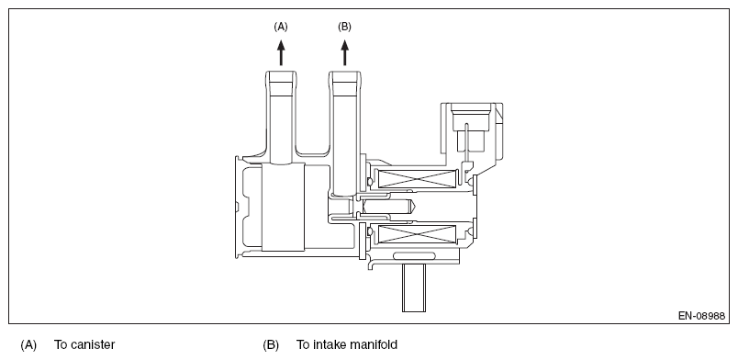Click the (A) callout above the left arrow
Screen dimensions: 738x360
[x=281, y=27]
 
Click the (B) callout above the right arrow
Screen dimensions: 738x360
[x=344, y=27]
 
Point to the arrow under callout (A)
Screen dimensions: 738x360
[x=281, y=52]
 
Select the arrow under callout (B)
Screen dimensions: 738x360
[x=345, y=52]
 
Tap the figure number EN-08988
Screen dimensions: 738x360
[x=701, y=316]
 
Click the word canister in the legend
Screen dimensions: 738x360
[x=92, y=345]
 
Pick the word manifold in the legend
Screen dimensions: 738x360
[x=375, y=345]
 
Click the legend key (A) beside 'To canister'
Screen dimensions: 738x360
[x=28, y=345]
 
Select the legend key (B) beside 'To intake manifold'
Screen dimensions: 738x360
[x=271, y=345]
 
